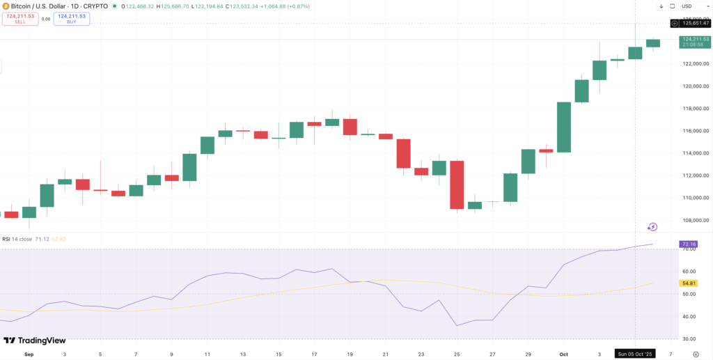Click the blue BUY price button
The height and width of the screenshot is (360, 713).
click(x=72, y=19)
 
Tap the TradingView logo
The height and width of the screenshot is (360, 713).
click(x=35, y=341)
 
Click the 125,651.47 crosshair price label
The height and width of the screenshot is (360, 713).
click(x=695, y=23)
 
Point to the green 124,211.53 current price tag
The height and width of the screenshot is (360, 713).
click(x=695, y=42)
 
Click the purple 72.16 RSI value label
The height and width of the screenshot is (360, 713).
click(x=688, y=244)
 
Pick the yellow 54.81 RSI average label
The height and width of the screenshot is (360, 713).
click(x=688, y=284)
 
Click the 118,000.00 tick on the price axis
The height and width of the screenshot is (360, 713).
click(x=696, y=109)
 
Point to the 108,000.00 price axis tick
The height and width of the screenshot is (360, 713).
click(x=696, y=220)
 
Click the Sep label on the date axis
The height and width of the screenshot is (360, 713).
click(x=29, y=354)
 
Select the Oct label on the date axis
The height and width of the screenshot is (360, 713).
click(x=564, y=354)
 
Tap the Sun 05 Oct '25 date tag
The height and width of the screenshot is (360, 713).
click(x=636, y=354)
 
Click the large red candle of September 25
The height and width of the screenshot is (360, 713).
click(x=457, y=185)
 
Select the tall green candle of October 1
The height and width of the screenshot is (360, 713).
click(x=564, y=127)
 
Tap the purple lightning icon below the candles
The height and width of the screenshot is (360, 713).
click(x=652, y=227)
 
